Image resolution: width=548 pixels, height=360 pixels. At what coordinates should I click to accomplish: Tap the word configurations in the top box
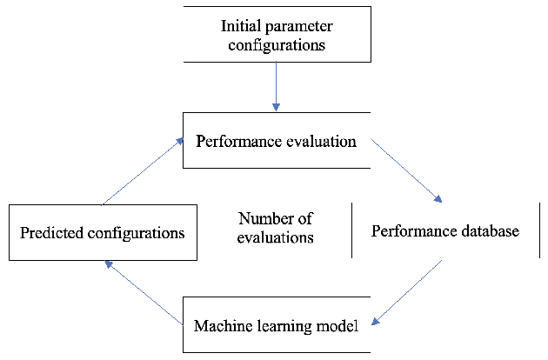click(x=277, y=44)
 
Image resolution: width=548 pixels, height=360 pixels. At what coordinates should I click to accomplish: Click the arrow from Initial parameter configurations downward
click(x=276, y=88)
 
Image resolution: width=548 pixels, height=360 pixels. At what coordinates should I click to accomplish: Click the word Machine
click(x=221, y=327)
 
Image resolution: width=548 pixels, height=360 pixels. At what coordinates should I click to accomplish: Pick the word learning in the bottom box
click(x=284, y=327)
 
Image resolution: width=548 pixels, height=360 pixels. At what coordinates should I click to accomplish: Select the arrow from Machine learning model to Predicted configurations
click(x=143, y=291)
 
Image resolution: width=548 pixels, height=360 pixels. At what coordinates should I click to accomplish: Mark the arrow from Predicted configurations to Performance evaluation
click(x=143, y=171)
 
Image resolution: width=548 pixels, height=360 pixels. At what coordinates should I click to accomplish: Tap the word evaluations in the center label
click(x=275, y=237)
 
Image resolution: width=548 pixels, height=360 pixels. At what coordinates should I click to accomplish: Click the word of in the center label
click(x=304, y=218)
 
